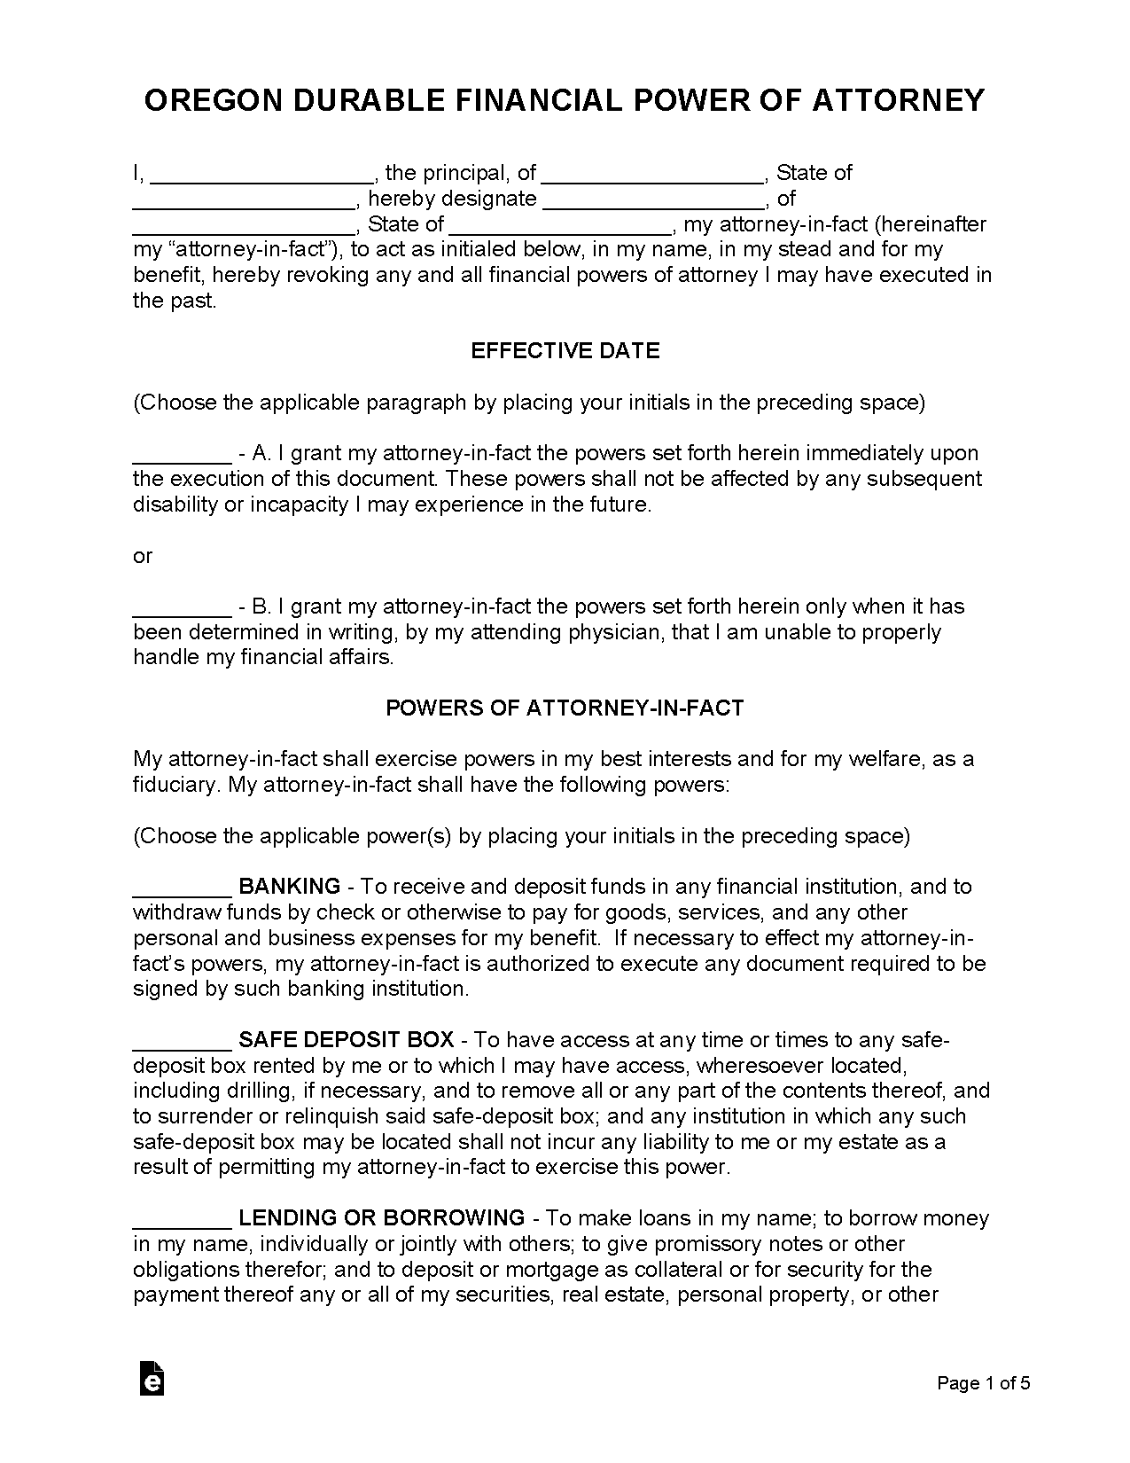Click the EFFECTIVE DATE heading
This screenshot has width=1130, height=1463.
(565, 351)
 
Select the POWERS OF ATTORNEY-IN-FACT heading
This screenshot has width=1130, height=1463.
(565, 708)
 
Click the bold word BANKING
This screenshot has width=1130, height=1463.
(290, 887)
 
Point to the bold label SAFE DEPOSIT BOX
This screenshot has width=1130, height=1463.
(347, 1040)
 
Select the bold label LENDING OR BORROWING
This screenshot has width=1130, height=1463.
(382, 1218)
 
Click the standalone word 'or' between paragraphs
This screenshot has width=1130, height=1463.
(143, 557)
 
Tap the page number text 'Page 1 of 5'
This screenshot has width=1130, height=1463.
(984, 1383)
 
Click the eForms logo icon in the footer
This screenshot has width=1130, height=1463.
(152, 1378)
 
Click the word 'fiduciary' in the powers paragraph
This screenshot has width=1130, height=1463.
(174, 786)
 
